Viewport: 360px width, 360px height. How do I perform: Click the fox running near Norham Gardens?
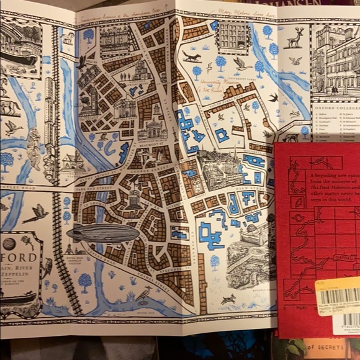click(x=192, y=57)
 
